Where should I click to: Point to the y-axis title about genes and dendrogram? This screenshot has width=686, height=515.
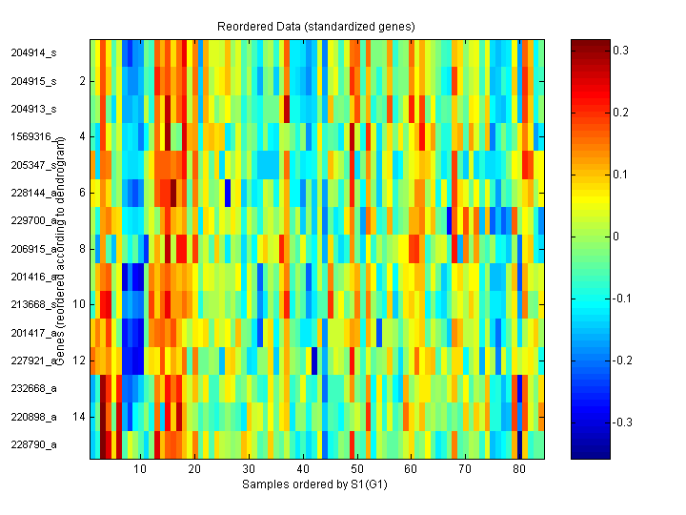tap(59, 250)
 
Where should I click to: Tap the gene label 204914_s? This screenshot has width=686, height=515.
tap(34, 53)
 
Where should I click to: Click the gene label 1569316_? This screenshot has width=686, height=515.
tap(34, 137)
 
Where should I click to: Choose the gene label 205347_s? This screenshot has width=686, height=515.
tap(34, 165)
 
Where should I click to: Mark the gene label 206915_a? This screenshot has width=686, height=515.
tap(34, 249)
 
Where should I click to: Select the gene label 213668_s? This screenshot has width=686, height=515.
tap(34, 305)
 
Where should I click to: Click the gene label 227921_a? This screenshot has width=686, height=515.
tap(34, 360)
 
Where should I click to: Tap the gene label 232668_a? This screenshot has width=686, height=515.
tap(34, 389)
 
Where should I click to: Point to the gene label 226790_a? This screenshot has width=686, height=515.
tap(34, 444)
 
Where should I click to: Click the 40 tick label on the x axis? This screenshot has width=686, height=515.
tap(302, 470)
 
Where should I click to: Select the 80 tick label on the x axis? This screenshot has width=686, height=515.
tap(518, 470)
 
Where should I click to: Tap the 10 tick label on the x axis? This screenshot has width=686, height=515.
tap(140, 470)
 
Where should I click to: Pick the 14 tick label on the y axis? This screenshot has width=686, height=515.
tap(79, 417)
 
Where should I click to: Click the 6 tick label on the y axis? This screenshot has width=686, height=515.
tap(82, 193)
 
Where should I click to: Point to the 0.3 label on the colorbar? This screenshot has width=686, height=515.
tap(620, 51)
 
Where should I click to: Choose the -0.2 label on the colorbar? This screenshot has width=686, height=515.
tap(622, 360)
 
